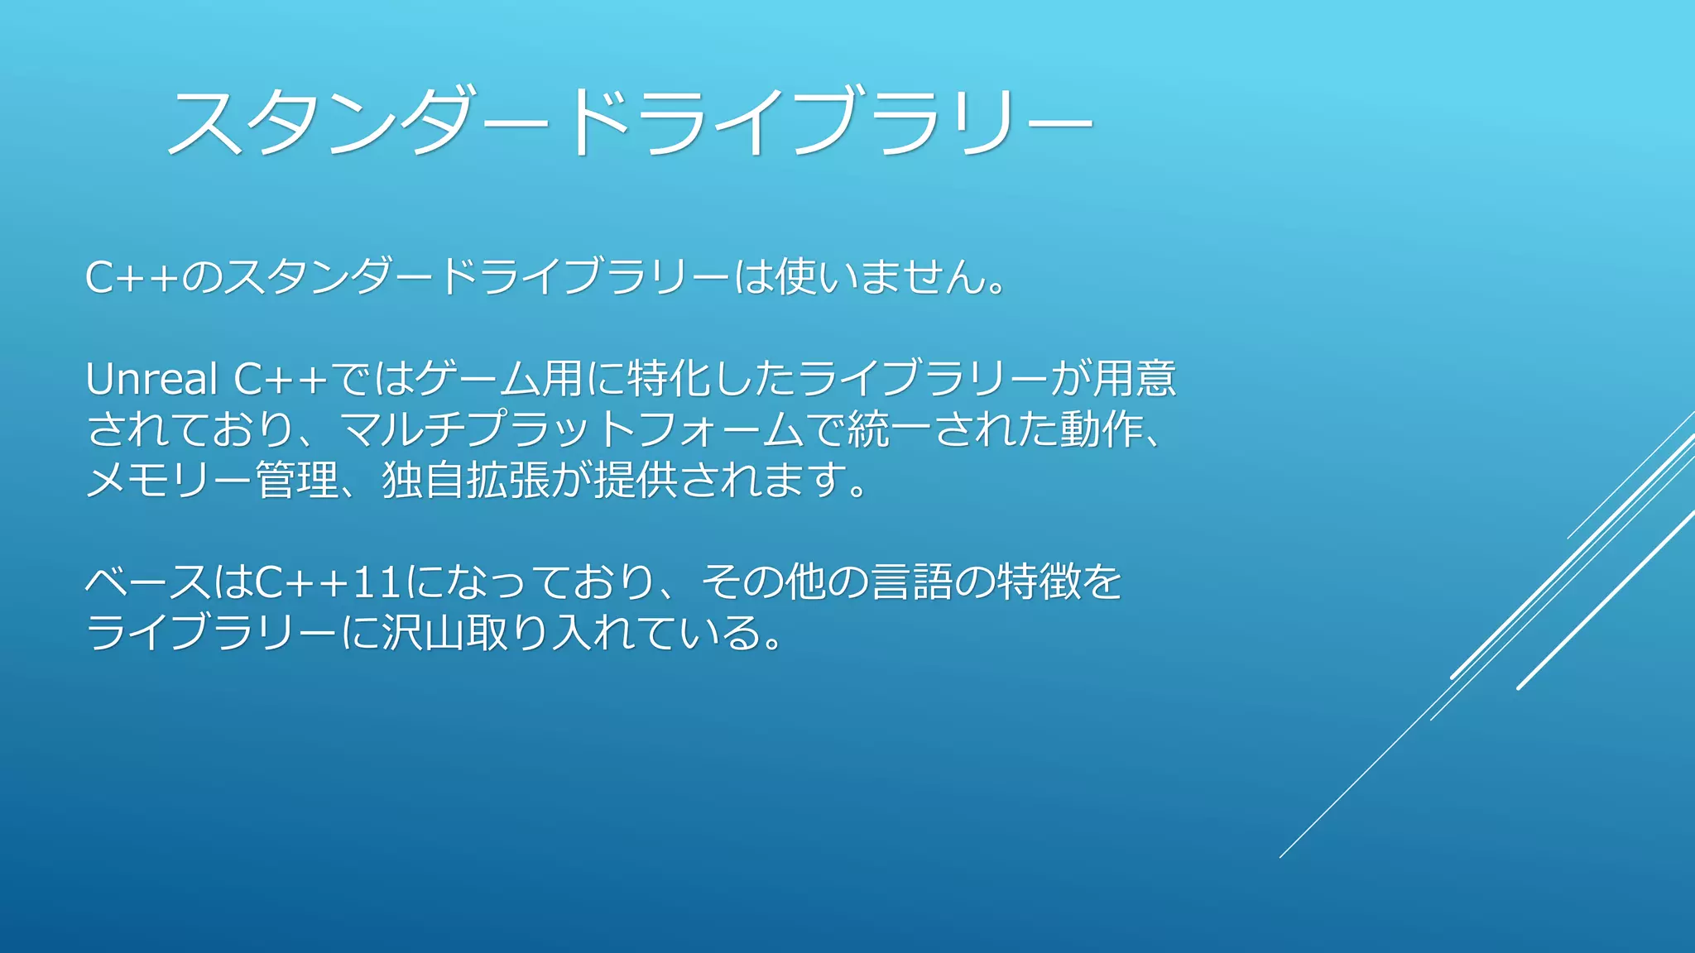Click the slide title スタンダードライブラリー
point(629,122)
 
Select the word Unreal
point(151,380)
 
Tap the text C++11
point(329,582)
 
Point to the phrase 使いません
point(881,277)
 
